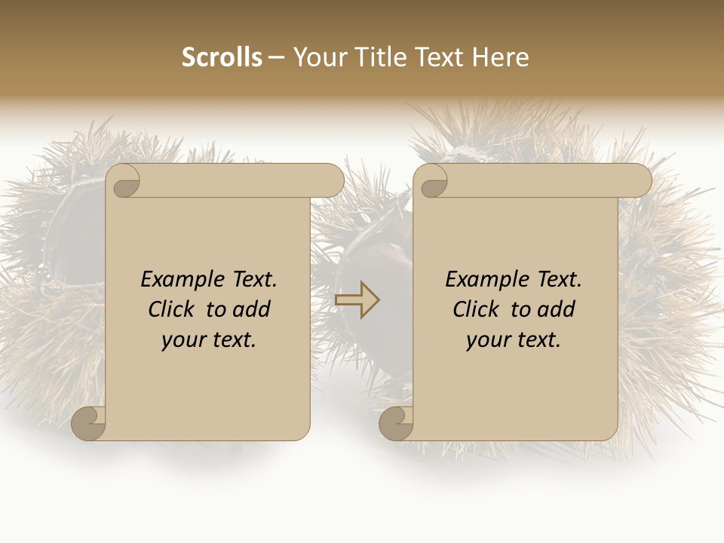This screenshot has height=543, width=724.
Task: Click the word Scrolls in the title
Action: pyautogui.click(x=222, y=57)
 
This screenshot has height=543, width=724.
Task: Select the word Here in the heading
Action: pyautogui.click(x=500, y=57)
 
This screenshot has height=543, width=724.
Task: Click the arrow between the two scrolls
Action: pyautogui.click(x=357, y=300)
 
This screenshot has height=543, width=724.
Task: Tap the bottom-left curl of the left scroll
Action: pyautogui.click(x=89, y=423)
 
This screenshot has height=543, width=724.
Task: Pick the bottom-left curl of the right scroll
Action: pyautogui.click(x=396, y=423)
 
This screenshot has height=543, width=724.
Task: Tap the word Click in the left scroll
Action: pyautogui.click(x=173, y=309)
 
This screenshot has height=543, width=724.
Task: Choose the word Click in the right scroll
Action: pyautogui.click(x=477, y=309)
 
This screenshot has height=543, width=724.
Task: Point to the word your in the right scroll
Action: pyautogui.click(x=487, y=341)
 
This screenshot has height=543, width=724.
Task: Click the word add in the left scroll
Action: pyautogui.click(x=252, y=309)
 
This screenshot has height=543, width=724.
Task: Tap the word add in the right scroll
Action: pyautogui.click(x=557, y=309)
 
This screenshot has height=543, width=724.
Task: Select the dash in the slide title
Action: pyautogui.click(x=277, y=58)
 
